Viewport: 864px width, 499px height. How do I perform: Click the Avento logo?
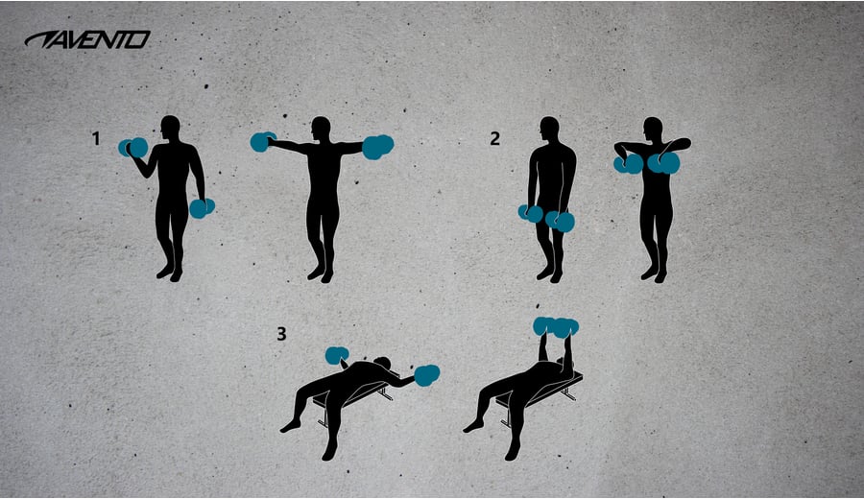(87, 39)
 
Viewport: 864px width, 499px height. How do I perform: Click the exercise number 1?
(96, 138)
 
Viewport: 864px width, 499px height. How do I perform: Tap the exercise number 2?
(494, 138)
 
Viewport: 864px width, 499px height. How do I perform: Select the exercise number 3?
(281, 334)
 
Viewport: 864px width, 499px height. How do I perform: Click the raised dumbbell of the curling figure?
(133, 148)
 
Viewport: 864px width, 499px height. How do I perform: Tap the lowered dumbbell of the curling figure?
(202, 208)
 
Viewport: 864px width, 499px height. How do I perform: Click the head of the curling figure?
(170, 129)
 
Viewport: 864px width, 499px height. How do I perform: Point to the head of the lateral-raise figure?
(321, 129)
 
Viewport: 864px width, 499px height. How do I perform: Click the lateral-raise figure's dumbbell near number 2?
(378, 147)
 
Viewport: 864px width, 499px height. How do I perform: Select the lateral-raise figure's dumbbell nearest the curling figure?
(263, 142)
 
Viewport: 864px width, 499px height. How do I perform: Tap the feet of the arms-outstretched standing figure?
(321, 273)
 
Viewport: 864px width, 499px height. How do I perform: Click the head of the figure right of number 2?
(549, 130)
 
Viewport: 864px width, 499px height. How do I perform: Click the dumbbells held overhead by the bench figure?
(556, 326)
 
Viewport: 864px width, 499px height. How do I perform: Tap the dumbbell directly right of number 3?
(337, 356)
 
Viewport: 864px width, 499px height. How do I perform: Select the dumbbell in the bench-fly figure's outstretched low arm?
(426, 374)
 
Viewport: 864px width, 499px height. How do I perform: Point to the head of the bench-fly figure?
(382, 363)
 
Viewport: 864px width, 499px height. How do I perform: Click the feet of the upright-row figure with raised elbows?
(654, 273)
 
